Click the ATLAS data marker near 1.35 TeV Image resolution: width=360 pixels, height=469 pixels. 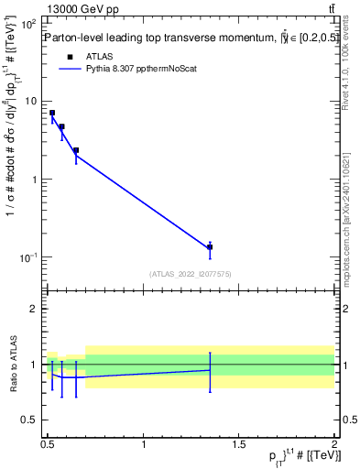[210, 247]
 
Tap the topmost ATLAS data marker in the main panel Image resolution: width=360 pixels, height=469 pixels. [52, 113]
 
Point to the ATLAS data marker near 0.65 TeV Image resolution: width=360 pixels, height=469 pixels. [76, 150]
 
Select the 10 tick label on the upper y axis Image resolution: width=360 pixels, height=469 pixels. [30, 101]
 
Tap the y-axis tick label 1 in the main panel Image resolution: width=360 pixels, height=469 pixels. [34, 179]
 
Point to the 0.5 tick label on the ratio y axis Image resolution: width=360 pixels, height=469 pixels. [29, 420]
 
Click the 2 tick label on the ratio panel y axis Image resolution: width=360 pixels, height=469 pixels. [34, 309]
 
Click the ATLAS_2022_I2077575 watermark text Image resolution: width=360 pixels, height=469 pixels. [190, 273]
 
